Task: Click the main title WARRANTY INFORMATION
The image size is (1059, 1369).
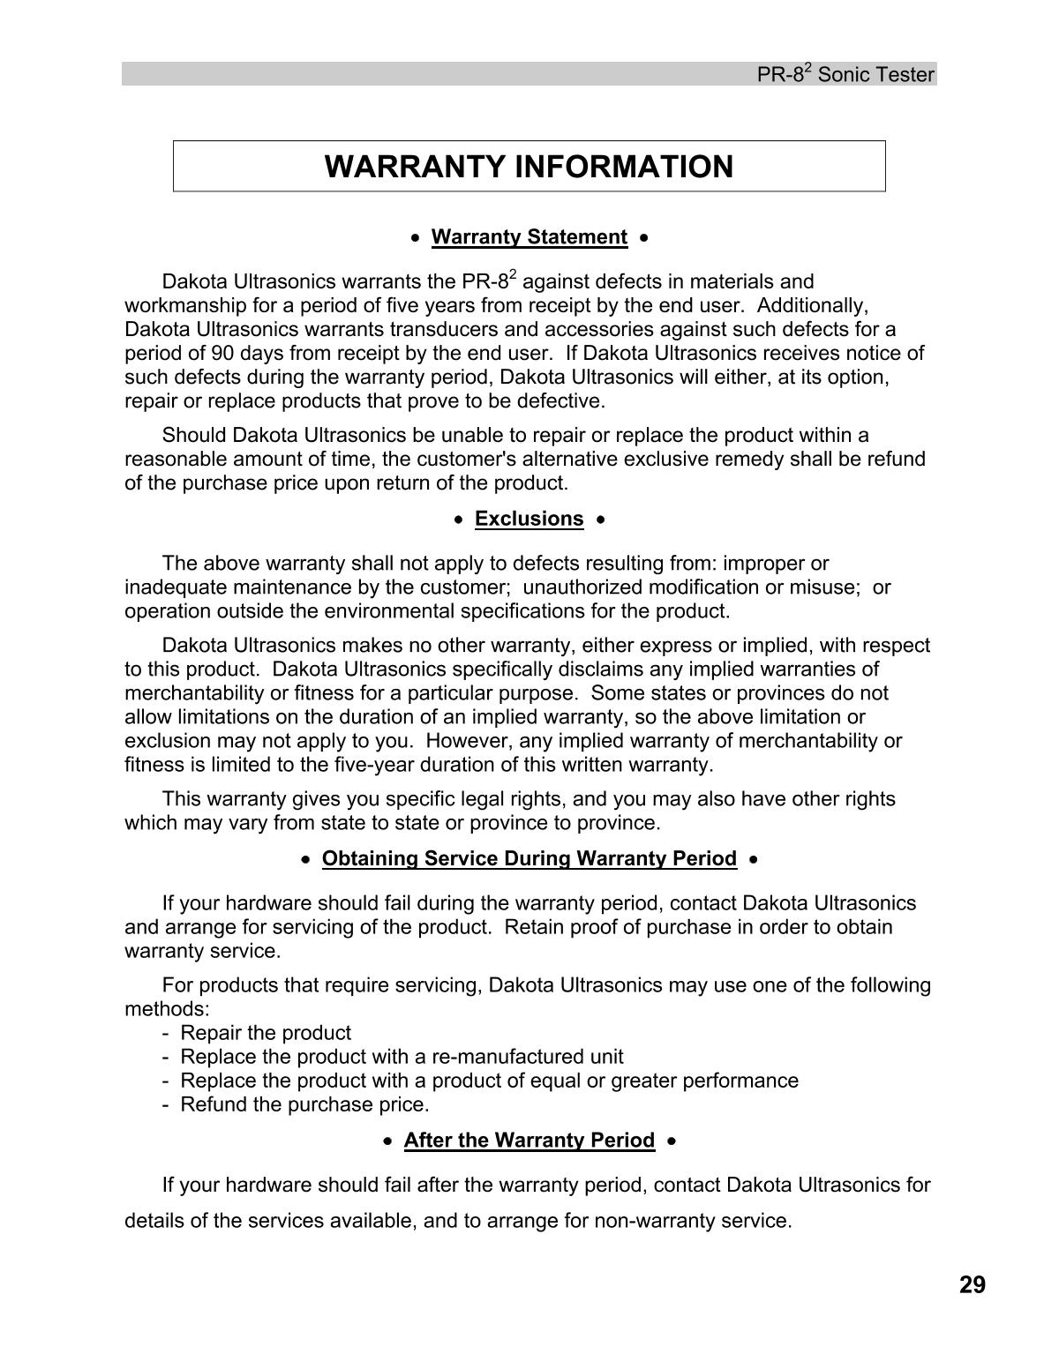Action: click(x=529, y=167)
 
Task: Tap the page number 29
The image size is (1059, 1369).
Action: click(x=972, y=1285)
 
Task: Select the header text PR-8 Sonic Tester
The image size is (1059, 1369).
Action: click(x=845, y=75)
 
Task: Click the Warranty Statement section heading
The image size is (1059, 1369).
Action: click(x=529, y=237)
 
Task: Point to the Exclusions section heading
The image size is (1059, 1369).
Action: click(x=529, y=519)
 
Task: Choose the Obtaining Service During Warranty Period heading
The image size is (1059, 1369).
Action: click(x=529, y=858)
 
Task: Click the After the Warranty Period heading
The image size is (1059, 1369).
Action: click(x=529, y=1141)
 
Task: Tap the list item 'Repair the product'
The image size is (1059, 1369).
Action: click(x=265, y=1033)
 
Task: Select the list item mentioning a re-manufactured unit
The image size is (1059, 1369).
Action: click(x=402, y=1057)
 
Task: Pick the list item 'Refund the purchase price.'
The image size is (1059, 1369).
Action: click(x=304, y=1104)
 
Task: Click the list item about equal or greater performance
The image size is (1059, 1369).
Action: click(x=489, y=1081)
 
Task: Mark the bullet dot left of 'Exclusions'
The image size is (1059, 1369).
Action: click(x=458, y=520)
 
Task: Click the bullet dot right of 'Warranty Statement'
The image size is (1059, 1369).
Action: click(x=646, y=238)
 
